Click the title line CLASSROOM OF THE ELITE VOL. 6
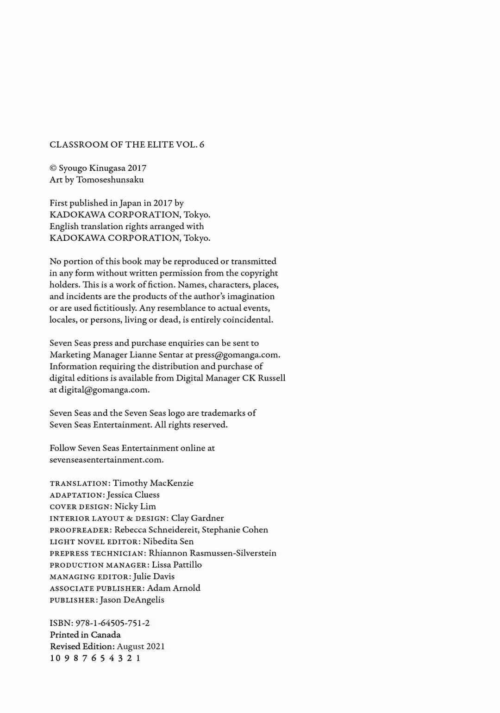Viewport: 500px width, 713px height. point(127,144)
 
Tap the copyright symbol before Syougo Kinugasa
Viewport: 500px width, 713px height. point(53,168)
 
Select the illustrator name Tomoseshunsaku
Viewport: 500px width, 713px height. point(110,180)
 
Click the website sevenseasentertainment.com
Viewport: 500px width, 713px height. point(106,460)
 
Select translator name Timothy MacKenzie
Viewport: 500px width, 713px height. point(153,483)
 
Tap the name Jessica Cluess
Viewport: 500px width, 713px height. point(133,494)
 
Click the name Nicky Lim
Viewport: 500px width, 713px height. point(135,507)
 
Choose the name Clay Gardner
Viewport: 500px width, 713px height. point(198,518)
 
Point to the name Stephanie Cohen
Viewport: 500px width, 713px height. point(235,530)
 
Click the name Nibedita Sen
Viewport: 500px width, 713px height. point(169,541)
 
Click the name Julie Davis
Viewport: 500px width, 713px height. point(154,576)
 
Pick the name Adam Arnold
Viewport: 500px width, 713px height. point(174,588)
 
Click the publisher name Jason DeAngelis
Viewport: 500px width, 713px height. point(132,600)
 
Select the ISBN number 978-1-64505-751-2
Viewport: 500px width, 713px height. point(112,623)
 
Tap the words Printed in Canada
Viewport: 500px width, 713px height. point(85,635)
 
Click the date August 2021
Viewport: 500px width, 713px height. point(141,646)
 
